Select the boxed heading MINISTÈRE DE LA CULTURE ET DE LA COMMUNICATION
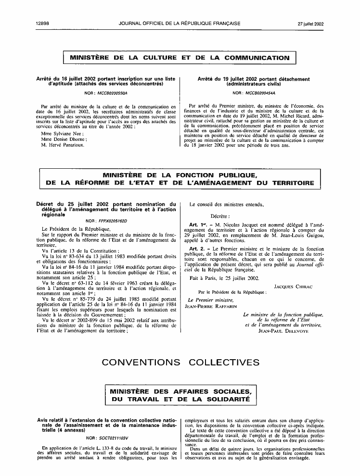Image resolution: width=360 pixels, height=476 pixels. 180,58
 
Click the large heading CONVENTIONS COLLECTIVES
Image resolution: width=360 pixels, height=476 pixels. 180,362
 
